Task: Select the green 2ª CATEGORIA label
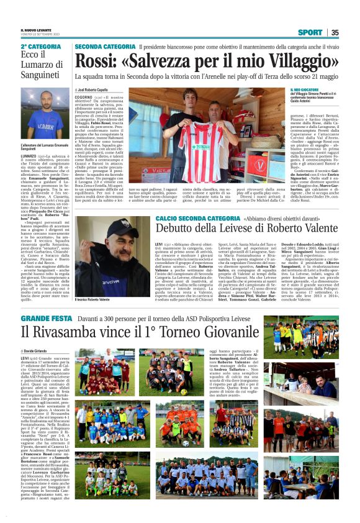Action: tap(41, 47)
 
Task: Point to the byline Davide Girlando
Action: tap(40, 352)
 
